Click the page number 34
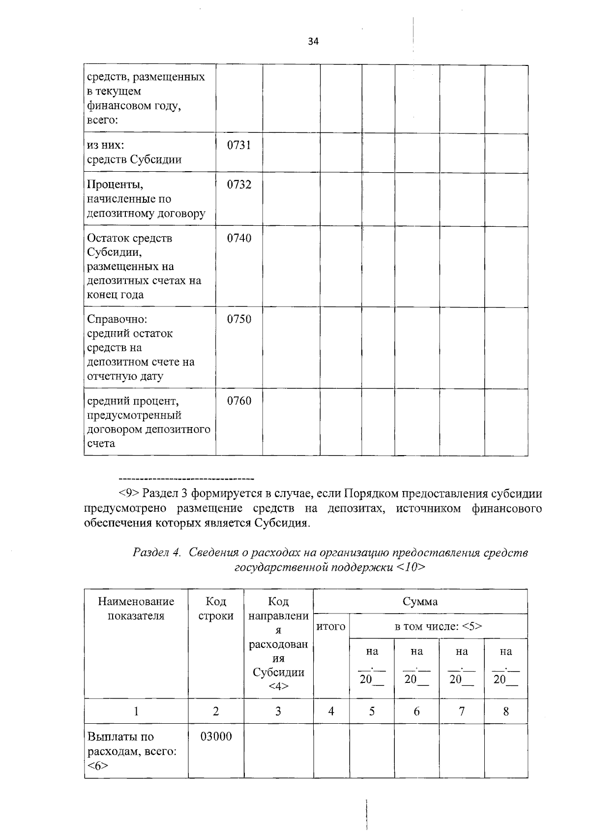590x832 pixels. [x=313, y=42]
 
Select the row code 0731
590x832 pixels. [x=239, y=145]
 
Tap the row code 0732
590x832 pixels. [x=239, y=185]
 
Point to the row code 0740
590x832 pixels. [x=239, y=239]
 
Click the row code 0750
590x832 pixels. [x=239, y=320]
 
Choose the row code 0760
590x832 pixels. [x=239, y=401]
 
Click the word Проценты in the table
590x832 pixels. [x=116, y=185]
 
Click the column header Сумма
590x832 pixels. [x=420, y=602]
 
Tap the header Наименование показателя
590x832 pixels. [x=136, y=609]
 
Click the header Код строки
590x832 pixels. [x=216, y=609]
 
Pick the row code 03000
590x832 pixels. [x=216, y=737]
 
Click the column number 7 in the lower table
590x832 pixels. [x=461, y=711]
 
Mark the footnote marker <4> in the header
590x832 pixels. [x=278, y=686]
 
